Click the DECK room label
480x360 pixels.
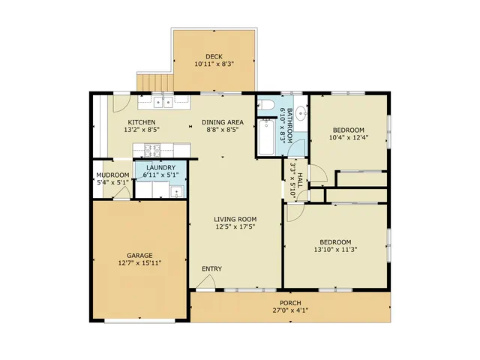(x=214, y=57)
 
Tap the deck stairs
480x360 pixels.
(x=155, y=82)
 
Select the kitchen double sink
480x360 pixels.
(x=163, y=102)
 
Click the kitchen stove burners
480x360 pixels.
(x=152, y=150)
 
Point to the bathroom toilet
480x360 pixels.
(x=265, y=105)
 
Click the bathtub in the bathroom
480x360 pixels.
(x=266, y=137)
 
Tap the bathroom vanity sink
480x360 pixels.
(x=301, y=113)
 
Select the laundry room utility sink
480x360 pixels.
(x=176, y=192)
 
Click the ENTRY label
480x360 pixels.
(x=211, y=268)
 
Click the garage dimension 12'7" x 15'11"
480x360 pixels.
(x=139, y=263)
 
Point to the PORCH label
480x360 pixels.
(x=290, y=303)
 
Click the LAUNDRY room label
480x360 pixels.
(x=160, y=168)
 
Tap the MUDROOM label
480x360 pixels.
(x=112, y=175)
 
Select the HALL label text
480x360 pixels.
(x=300, y=180)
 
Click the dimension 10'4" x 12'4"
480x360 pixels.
(x=349, y=137)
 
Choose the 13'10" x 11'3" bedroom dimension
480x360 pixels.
(x=335, y=250)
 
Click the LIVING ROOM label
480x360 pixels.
(x=235, y=219)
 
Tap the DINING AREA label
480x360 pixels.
(x=223, y=122)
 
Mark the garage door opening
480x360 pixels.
(x=139, y=321)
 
